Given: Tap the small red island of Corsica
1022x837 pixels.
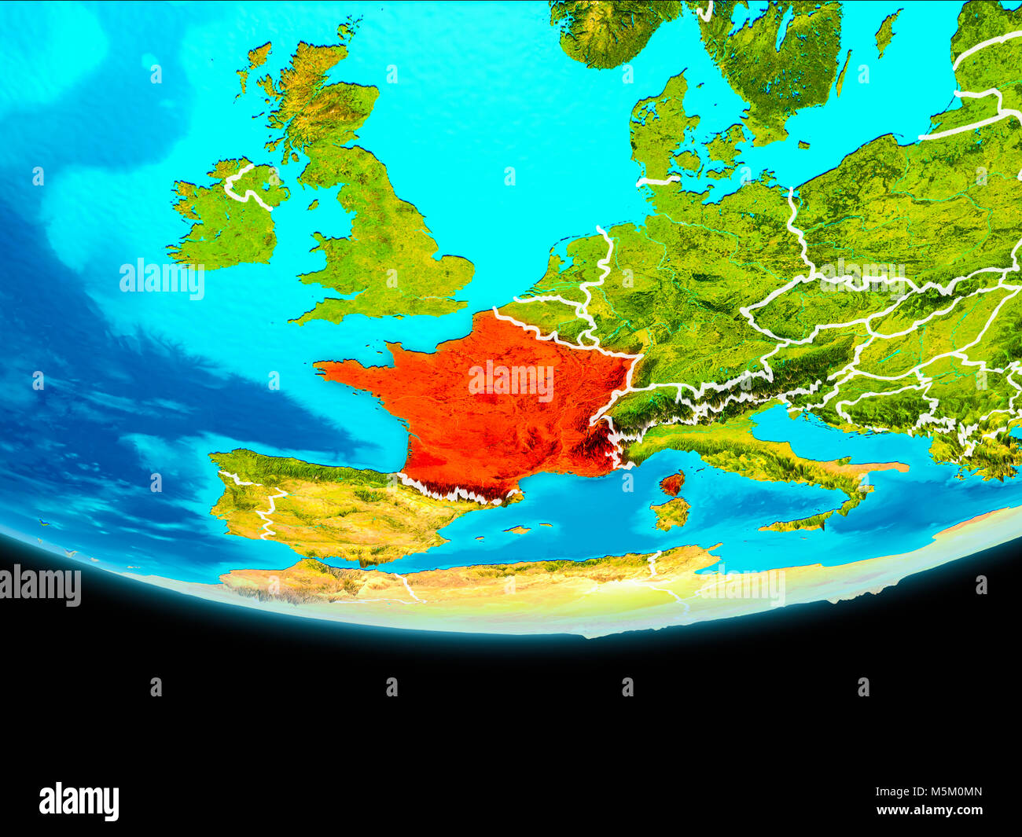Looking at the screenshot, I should point(671,483).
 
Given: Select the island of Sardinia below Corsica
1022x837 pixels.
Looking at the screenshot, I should point(671,513).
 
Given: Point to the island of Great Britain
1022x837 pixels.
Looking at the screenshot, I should point(377,236).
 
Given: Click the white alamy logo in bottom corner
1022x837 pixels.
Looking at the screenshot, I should point(79,801).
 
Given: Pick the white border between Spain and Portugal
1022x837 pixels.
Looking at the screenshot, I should point(267,511).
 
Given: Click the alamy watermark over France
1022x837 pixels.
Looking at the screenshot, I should point(511,380).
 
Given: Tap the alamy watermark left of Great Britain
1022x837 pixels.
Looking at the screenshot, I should point(162,278).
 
